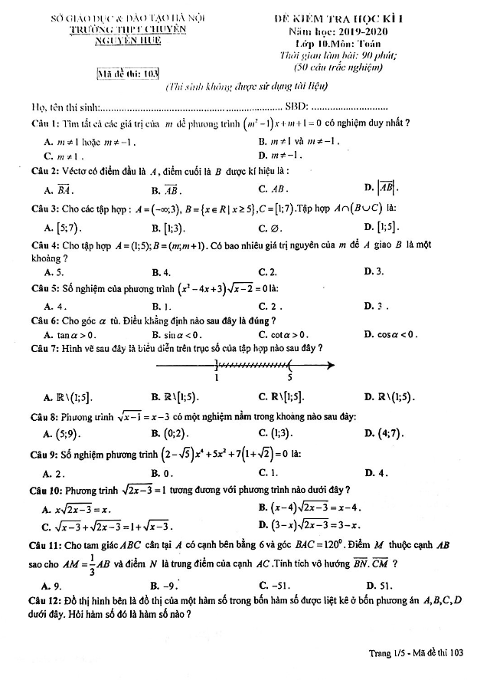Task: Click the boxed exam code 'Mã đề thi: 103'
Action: [128, 74]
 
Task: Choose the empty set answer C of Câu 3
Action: [270, 228]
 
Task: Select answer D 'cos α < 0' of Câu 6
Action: [392, 333]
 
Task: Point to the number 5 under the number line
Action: [289, 378]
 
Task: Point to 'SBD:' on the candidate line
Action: [296, 107]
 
